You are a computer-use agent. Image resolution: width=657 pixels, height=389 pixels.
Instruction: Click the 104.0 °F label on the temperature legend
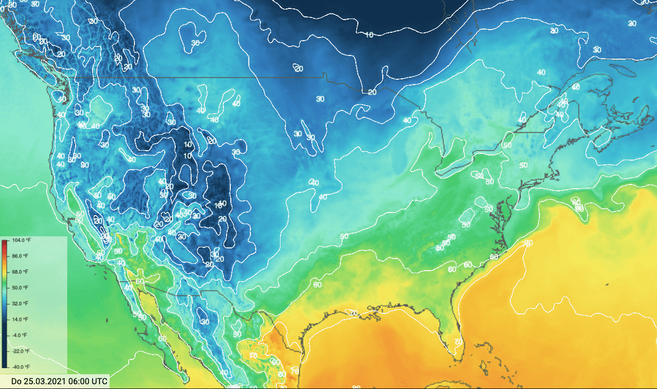pos(24,240)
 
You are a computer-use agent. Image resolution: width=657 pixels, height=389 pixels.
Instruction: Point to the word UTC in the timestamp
pos(100,381)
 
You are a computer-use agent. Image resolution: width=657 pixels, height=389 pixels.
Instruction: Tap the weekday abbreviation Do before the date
pos(16,381)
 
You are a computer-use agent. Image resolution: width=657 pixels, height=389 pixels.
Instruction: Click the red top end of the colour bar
pos(5,241)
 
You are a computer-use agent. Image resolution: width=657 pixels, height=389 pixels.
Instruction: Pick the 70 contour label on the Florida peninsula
pos(458,342)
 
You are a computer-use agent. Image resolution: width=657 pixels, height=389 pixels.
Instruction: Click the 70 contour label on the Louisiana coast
pos(354,313)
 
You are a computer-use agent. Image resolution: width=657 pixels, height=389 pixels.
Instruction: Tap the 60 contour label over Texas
pos(317,285)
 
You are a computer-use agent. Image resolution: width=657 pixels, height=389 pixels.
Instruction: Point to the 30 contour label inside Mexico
pos(205,321)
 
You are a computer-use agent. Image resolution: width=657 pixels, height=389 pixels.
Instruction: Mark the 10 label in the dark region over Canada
pos(370,35)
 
